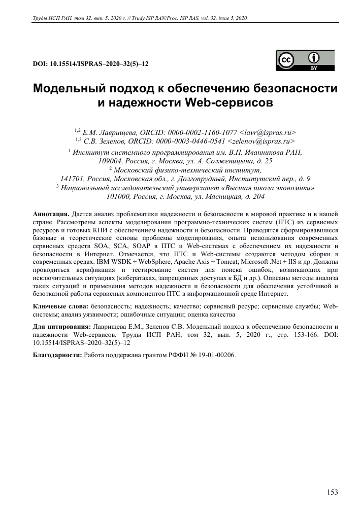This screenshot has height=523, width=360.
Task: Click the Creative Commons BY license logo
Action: [x=305, y=61]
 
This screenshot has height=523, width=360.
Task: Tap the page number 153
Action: [x=331, y=492]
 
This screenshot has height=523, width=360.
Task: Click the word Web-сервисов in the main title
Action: [x=230, y=103]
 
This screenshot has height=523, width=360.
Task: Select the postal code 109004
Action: [x=110, y=160]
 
